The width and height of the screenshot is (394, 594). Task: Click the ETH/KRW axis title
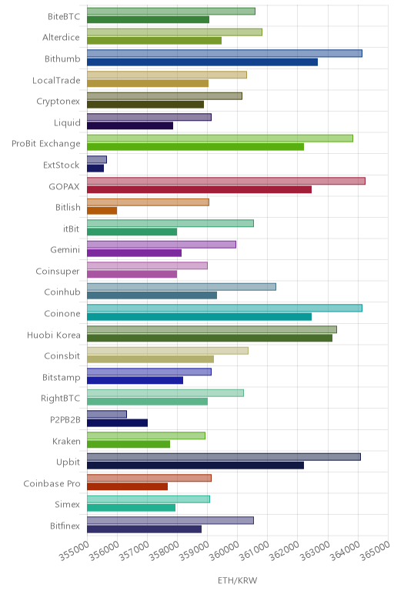[x=237, y=580]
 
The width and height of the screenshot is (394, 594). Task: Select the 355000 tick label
[x=74, y=550]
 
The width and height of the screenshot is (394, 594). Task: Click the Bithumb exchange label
[x=62, y=58]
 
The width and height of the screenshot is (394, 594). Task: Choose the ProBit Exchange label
[x=46, y=144]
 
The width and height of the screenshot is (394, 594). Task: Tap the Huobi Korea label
[x=53, y=335]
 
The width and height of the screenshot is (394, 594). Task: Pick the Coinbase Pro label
[x=52, y=483]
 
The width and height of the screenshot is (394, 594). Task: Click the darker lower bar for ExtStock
[x=95, y=169]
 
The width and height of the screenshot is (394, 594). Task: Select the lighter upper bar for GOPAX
[x=226, y=181]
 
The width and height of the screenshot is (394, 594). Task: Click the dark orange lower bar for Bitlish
[x=102, y=211]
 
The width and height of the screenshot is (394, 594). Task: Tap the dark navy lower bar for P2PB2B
[x=118, y=422]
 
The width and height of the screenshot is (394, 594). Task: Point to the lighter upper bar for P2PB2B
[x=107, y=414]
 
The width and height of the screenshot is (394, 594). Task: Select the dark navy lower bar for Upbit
[x=195, y=466]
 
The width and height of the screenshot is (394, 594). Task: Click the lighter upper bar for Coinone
[x=225, y=308]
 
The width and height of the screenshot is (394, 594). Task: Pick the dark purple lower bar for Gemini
[x=134, y=253]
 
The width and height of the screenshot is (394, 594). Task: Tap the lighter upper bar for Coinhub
[x=182, y=287]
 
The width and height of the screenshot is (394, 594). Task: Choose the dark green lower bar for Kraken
[x=129, y=444]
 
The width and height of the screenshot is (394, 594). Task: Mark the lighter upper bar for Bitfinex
[x=171, y=520]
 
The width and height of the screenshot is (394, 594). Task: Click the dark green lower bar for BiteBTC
[x=148, y=20]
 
